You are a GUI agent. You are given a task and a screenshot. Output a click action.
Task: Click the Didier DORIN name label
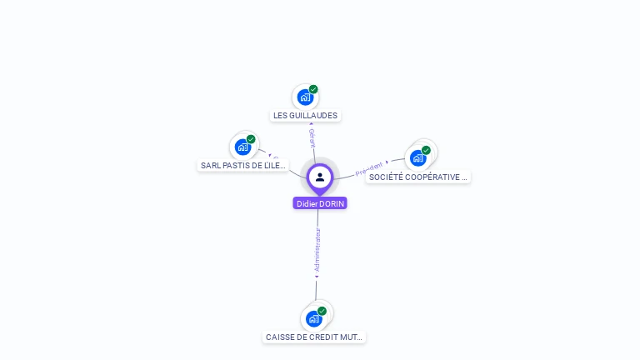[x=320, y=203]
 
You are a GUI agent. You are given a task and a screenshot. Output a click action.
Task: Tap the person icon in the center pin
[x=320, y=177]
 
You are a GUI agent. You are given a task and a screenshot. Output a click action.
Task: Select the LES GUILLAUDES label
[x=306, y=116]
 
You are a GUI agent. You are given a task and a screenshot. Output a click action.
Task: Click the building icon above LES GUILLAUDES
[x=305, y=97]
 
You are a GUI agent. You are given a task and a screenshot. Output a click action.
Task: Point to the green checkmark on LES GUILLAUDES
[x=313, y=89]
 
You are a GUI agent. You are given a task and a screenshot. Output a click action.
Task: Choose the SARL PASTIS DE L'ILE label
[x=243, y=165]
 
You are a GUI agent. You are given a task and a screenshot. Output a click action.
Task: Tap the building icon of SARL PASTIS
[x=242, y=147]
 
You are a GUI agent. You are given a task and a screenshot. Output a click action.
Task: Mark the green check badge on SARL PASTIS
[x=251, y=139]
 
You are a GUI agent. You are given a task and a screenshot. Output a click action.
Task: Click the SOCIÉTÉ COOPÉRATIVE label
[x=418, y=177]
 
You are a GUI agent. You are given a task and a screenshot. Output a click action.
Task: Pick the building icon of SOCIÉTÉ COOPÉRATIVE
[x=417, y=157]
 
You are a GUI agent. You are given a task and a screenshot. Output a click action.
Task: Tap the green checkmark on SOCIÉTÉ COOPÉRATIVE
[x=426, y=151]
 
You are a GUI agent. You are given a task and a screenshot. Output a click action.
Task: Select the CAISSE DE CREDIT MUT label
[x=314, y=337]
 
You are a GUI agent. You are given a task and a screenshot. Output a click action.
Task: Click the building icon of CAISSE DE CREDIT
[x=313, y=318]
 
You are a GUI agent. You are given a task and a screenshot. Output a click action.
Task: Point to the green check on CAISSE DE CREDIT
[x=322, y=311]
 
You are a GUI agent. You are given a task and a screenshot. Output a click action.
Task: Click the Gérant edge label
[x=312, y=138]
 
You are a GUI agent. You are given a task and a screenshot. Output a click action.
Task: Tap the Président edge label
[x=369, y=169]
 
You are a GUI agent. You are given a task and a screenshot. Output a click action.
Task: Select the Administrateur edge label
[x=317, y=249]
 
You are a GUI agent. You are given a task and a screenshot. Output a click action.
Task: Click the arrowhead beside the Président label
[x=387, y=162]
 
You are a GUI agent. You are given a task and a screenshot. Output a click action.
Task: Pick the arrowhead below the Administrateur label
[x=317, y=276]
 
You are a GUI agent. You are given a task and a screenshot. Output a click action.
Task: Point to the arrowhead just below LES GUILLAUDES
[x=311, y=124]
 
